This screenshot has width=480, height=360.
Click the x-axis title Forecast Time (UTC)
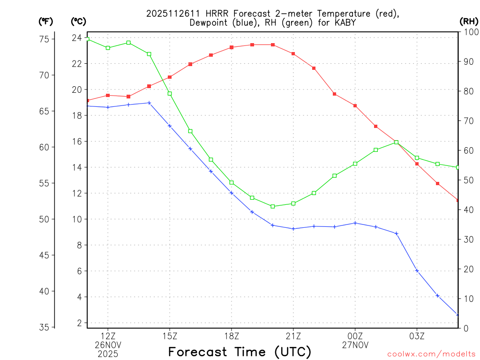click(240, 351)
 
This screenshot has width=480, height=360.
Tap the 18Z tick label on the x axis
click(232, 336)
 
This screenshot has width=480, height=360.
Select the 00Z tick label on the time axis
click(355, 336)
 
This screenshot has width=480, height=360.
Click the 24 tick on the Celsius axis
click(77, 38)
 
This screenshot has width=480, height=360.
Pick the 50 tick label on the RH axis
click(468, 180)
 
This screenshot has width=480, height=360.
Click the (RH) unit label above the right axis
click(469, 21)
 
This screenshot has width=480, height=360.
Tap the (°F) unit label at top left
click(46, 21)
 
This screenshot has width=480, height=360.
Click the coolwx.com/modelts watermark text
click(431, 354)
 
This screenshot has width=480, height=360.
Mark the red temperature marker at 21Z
click(293, 54)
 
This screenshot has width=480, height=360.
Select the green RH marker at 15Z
click(170, 94)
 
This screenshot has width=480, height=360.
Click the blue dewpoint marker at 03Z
click(417, 270)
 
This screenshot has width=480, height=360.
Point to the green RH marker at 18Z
click(232, 182)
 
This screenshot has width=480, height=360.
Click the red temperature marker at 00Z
click(355, 106)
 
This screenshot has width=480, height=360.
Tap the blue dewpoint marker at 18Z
click(232, 193)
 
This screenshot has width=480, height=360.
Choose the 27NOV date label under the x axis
click(355, 345)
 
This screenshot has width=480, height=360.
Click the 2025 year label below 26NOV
click(108, 353)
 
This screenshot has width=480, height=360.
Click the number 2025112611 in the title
click(169, 13)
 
